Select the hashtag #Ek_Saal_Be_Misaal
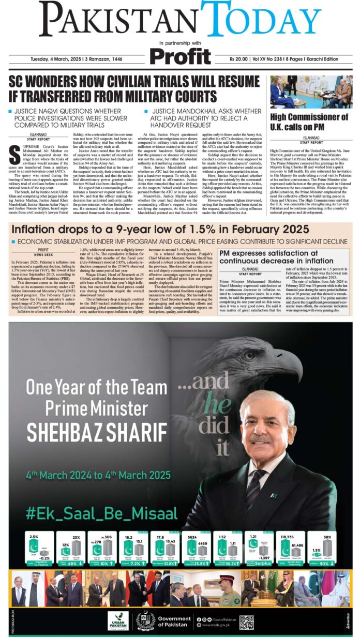pyautogui.click(x=101, y=513)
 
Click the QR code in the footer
pyautogui.click(x=246, y=621)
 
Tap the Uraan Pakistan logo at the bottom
pyautogui.click(x=118, y=621)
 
